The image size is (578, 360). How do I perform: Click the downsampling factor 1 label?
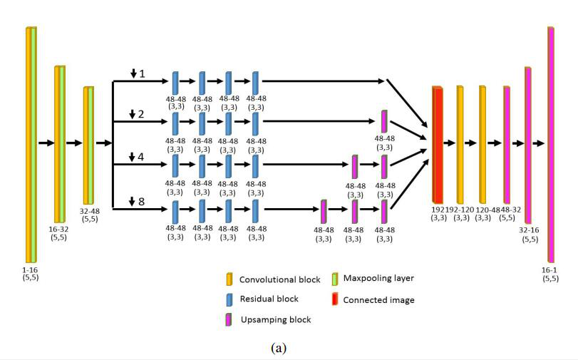141,74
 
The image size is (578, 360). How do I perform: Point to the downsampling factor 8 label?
141,202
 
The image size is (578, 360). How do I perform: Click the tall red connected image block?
438,144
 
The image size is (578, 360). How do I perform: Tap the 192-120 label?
460,210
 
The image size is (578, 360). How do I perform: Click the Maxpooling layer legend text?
378,278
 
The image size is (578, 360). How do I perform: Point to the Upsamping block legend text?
275,320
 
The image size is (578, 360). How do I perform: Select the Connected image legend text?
378,300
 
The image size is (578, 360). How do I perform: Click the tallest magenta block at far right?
551,143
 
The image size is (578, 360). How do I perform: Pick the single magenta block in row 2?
384,120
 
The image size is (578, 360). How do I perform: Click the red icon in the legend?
336,299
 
